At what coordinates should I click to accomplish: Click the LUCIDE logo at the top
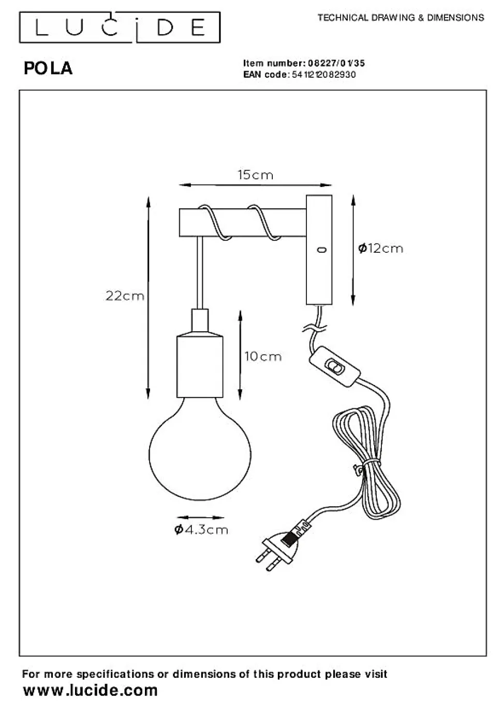120,27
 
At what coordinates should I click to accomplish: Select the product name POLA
48,68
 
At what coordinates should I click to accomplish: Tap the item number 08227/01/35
336,63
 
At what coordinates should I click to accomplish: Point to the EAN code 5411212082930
324,75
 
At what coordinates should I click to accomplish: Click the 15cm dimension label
255,175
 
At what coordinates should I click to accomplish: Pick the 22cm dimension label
125,296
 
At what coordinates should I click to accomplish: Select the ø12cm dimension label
380,249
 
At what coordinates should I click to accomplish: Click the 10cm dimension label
263,357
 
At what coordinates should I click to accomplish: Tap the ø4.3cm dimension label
201,530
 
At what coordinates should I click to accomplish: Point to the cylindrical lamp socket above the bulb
200,365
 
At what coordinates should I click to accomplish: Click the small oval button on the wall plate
321,250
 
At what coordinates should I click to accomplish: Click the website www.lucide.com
91,691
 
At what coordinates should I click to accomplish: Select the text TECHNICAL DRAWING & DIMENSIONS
401,18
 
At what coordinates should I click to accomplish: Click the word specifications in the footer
115,674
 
